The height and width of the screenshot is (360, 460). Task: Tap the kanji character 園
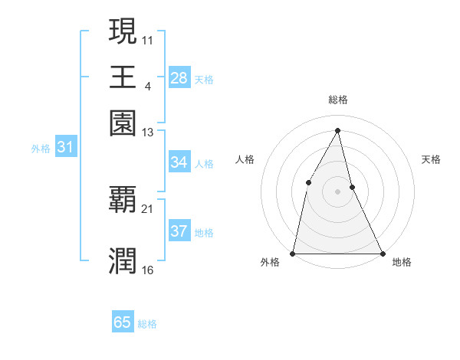pyautogui.click(x=123, y=123)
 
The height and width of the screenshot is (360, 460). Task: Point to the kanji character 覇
pyautogui.click(x=123, y=199)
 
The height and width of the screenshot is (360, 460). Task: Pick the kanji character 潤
pyautogui.click(x=123, y=260)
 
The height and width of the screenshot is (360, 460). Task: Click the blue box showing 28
pyautogui.click(x=179, y=78)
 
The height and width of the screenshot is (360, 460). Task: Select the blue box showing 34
pyautogui.click(x=179, y=162)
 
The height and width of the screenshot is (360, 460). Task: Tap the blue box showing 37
pyautogui.click(x=179, y=232)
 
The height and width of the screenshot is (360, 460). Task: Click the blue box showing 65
pyautogui.click(x=123, y=323)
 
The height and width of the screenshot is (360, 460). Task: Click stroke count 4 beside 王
pyautogui.click(x=147, y=86)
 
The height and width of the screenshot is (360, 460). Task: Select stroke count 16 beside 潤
pyautogui.click(x=148, y=270)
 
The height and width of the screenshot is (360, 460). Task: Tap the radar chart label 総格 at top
pyautogui.click(x=338, y=100)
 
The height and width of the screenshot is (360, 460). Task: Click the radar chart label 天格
pyautogui.click(x=431, y=159)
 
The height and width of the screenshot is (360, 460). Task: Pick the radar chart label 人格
pyautogui.click(x=245, y=159)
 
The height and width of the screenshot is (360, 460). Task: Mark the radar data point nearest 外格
pyautogui.click(x=293, y=253)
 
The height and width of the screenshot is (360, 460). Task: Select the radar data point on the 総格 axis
pyautogui.click(x=338, y=129)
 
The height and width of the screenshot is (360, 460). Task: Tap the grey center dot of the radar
pyautogui.click(x=338, y=191)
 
